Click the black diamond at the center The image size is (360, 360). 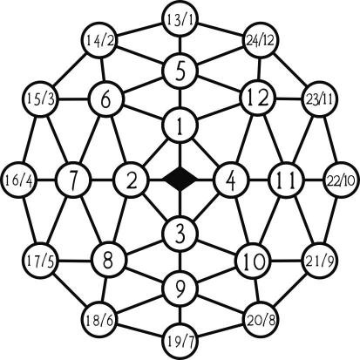(180, 179)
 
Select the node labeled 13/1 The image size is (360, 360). (180, 20)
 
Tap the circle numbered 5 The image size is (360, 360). (180, 71)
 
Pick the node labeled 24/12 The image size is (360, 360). (261, 41)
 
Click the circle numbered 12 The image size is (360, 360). (257, 98)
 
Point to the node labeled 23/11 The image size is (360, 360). (319, 99)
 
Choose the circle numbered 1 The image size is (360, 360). (180, 126)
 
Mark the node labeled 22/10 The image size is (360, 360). (341, 180)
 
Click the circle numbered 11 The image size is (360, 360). (286, 180)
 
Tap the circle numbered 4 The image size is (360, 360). (231, 180)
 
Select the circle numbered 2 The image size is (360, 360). (132, 180)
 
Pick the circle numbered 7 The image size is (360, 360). (73, 180)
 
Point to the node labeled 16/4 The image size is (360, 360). (19, 180)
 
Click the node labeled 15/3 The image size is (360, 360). (41, 99)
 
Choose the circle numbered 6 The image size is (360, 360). (106, 99)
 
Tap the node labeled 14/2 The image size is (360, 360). (98, 41)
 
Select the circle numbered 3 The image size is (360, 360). (180, 234)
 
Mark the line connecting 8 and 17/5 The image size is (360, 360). (74, 260)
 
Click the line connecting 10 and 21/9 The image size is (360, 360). (287, 261)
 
